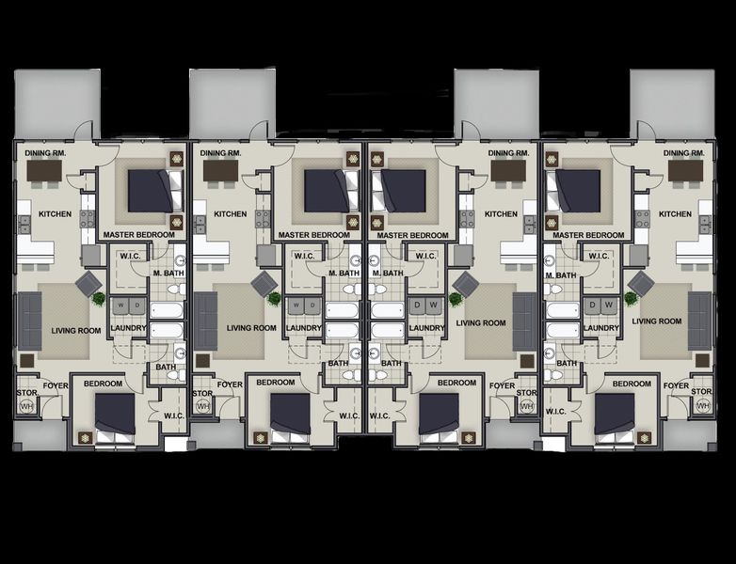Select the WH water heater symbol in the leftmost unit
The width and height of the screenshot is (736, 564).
tap(25, 406)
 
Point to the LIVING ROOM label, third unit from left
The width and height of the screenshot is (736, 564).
tap(481, 322)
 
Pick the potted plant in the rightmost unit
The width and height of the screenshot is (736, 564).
tap(630, 298)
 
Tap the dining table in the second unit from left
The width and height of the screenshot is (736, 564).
tap(220, 171)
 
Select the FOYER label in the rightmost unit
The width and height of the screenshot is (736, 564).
tap(676, 385)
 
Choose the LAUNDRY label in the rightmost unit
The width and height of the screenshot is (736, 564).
tap(600, 328)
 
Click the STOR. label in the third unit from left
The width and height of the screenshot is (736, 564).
tap(527, 393)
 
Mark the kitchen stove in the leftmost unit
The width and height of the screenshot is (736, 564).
tap(88, 219)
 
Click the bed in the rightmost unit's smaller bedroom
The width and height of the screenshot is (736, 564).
tap(615, 415)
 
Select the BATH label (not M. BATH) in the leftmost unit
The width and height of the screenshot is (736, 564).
tap(166, 368)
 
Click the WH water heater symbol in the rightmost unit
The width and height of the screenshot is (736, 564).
tap(702, 406)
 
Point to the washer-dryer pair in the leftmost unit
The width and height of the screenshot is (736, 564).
tap(124, 306)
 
